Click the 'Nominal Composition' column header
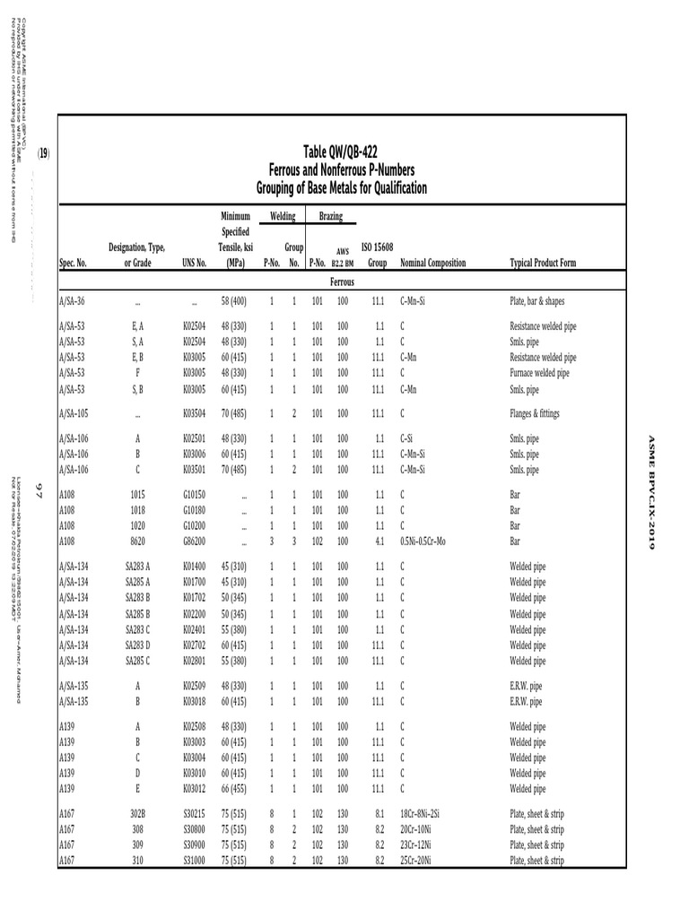[433, 264]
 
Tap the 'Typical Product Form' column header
[543, 264]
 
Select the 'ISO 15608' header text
[377, 247]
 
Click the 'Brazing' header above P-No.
[329, 217]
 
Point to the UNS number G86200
[195, 541]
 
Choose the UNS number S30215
[195, 814]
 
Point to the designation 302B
[137, 814]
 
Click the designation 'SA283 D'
[137, 645]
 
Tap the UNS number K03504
[195, 414]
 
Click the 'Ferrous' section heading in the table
[342, 281]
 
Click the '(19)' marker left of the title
[43, 154]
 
